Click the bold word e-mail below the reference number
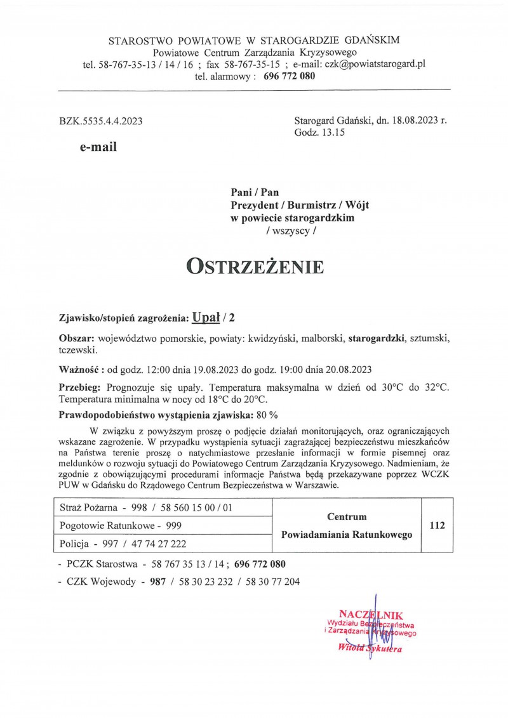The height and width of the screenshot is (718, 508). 98,147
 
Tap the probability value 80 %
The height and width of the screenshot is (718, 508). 265,415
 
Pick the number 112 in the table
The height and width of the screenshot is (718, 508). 437,525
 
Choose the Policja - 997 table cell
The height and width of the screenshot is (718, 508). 123,543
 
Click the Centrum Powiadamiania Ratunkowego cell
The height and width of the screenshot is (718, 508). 346,525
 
